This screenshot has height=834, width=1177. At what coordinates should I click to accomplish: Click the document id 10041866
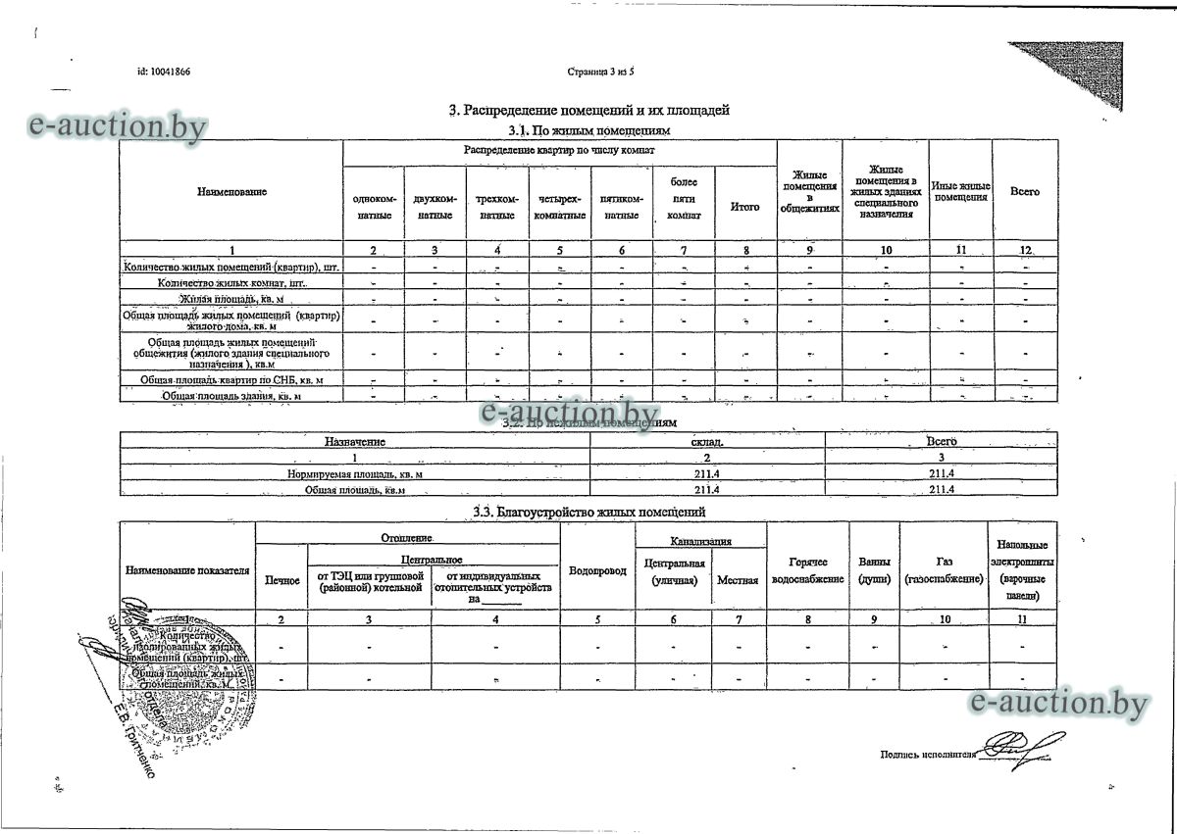point(164,73)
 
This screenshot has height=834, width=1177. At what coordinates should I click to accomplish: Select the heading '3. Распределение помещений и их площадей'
point(588,111)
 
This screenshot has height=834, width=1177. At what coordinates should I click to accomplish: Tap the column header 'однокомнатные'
point(374,207)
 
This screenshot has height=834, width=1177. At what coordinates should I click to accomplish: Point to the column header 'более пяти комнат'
point(684,199)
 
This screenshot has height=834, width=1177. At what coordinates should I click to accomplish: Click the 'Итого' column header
point(745,207)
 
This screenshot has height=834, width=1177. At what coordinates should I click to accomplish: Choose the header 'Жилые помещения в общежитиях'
point(809,192)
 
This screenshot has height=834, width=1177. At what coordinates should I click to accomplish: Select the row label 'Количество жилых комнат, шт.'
point(231,282)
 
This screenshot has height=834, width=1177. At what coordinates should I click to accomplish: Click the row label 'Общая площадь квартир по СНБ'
point(231,378)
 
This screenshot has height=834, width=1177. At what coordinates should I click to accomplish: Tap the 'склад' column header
point(707,443)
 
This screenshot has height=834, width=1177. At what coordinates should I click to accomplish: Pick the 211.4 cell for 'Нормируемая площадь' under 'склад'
point(707,474)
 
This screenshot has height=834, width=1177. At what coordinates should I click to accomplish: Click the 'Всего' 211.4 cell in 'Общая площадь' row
point(942,489)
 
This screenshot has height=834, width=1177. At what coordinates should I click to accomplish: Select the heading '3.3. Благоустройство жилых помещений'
point(588,512)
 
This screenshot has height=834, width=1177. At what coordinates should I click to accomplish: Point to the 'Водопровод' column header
point(597,571)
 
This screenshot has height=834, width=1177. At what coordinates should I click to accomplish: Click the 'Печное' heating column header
point(282,581)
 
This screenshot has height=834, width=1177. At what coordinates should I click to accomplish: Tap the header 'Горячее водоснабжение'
point(808,571)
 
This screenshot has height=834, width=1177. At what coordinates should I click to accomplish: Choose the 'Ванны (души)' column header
point(874,571)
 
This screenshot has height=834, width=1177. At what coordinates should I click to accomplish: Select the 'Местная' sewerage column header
point(738,580)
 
